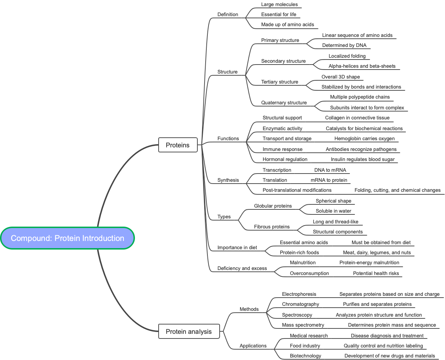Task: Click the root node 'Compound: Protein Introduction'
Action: pyautogui.click(x=67, y=238)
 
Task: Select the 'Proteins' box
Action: pyautogui.click(x=178, y=145)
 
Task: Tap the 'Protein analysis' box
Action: pyautogui.click(x=189, y=331)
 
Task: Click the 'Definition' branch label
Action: pyautogui.click(x=228, y=14)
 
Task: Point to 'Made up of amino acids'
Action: pyautogui.click(x=287, y=24)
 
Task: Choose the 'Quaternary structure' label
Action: pyautogui.click(x=284, y=103)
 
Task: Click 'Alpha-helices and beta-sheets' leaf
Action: pyautogui.click(x=362, y=66)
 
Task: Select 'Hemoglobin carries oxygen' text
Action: pyautogui.click(x=364, y=138)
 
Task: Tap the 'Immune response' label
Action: pyautogui.click(x=282, y=149)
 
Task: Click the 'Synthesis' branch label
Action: pyautogui.click(x=228, y=180)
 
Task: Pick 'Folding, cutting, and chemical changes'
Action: pyautogui.click(x=397, y=190)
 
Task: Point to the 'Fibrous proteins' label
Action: pyautogui.click(x=272, y=227)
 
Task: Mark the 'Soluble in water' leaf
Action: pyautogui.click(x=333, y=211)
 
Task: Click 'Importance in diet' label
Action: pyautogui.click(x=237, y=247)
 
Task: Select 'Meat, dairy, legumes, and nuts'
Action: pyautogui.click(x=377, y=252)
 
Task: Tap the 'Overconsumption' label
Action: pyautogui.click(x=309, y=273)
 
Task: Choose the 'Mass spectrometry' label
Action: pyautogui.click(x=303, y=325)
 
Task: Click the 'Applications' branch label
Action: pyautogui.click(x=253, y=346)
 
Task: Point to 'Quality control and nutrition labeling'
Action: pyautogui.click(x=383, y=346)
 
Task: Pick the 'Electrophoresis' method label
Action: pyautogui.click(x=299, y=294)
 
